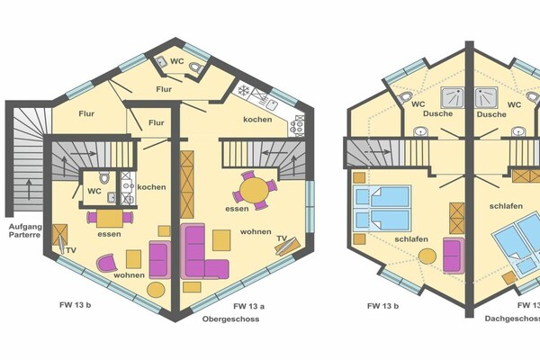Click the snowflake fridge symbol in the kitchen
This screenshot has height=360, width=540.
click(244, 91)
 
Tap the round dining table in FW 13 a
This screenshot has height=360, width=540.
click(255, 191)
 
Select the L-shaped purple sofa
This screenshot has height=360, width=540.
click(204, 251)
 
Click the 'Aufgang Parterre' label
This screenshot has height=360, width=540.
click(25, 230)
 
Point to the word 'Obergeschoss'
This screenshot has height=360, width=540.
click(230, 319)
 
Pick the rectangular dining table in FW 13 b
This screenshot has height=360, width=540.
click(110, 219)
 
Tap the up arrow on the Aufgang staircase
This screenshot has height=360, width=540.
click(29, 189)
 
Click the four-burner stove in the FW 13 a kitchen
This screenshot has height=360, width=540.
click(298, 125)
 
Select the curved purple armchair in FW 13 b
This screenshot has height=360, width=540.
click(107, 263)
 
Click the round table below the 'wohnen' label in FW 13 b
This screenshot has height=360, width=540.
click(156, 290)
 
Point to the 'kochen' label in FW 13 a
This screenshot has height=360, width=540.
click(257, 120)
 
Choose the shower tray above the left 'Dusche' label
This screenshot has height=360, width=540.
click(453, 97)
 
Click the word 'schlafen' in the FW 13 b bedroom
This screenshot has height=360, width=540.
click(411, 239)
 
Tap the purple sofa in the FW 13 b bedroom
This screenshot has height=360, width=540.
click(454, 255)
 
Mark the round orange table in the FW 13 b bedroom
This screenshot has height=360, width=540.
click(427, 256)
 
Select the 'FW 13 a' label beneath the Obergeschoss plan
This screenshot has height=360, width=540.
click(249, 306)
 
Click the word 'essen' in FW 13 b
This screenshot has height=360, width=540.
click(109, 234)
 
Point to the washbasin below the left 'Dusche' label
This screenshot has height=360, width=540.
click(420, 132)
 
